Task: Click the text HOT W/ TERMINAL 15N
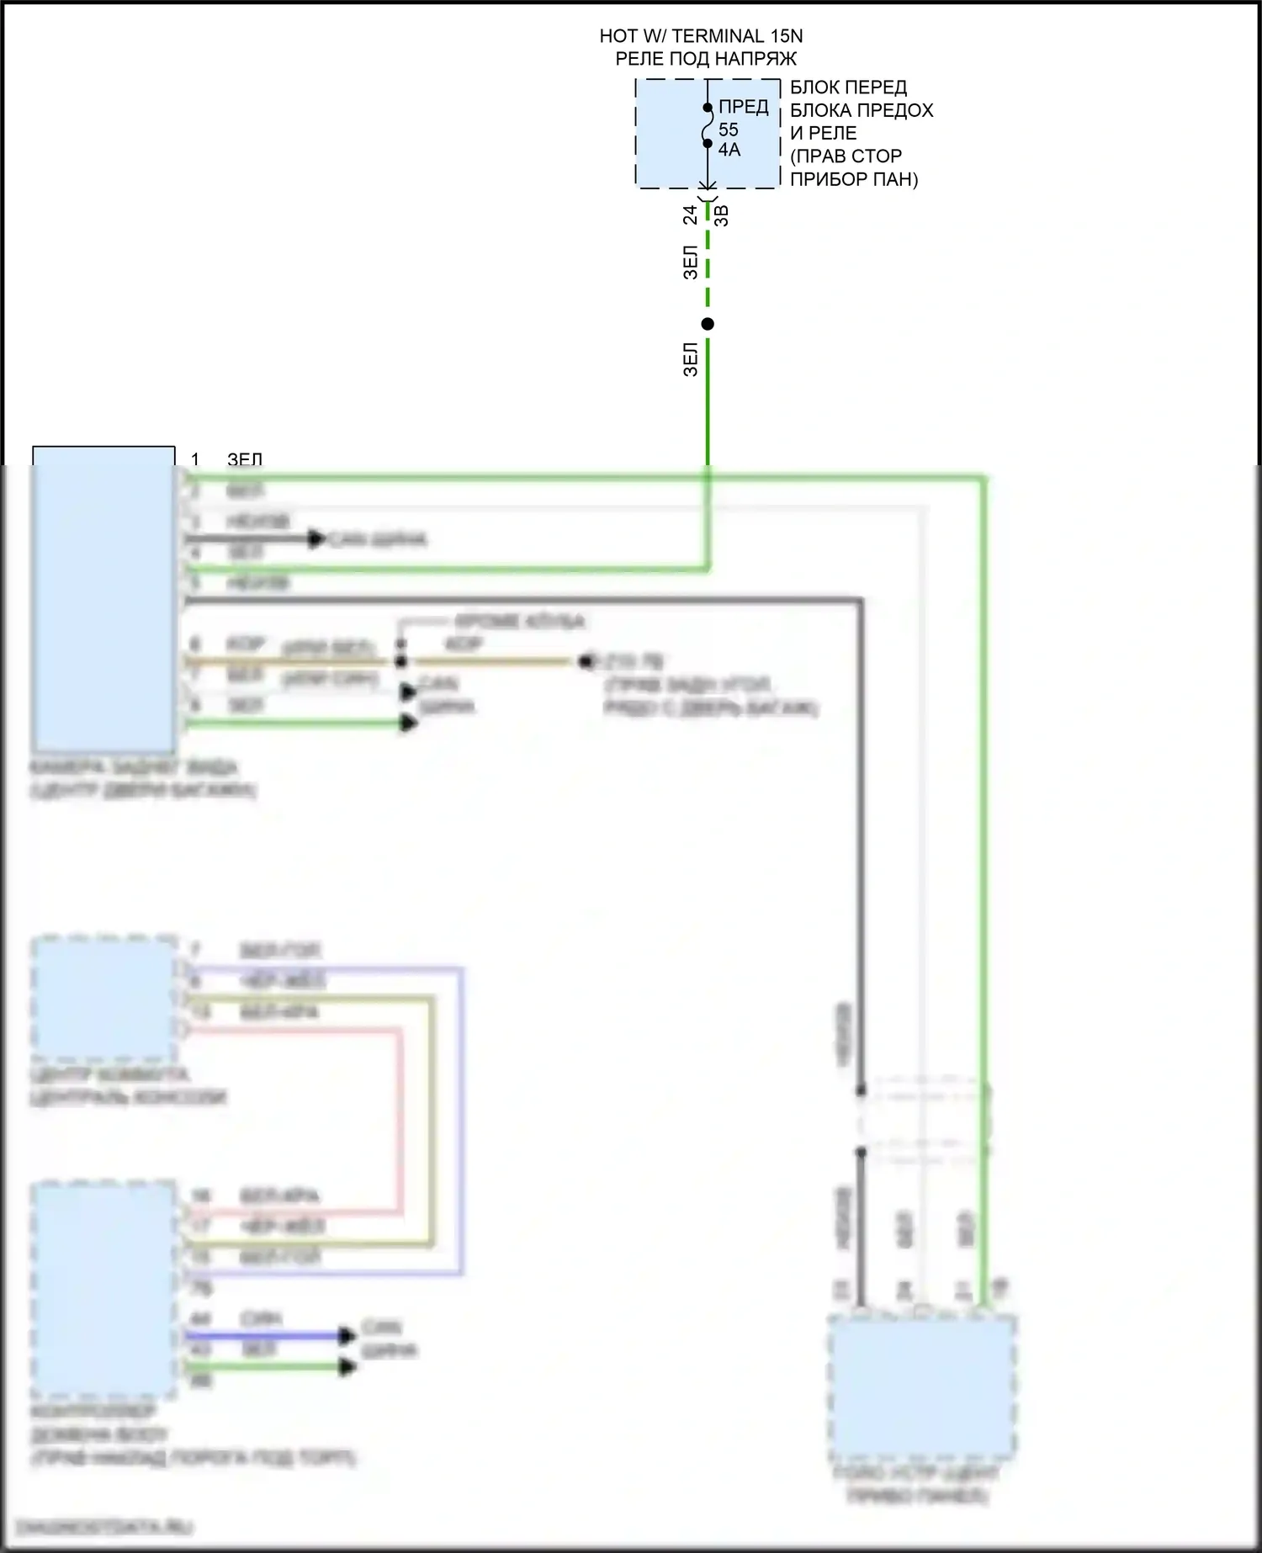tap(701, 36)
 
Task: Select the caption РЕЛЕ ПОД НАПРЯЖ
tap(706, 59)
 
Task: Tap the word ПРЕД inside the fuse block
tap(743, 107)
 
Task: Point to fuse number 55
tap(728, 130)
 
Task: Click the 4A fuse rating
tap(729, 150)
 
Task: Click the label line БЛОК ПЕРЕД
tap(848, 87)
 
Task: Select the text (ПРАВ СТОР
tap(846, 156)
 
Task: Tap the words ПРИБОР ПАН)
tap(854, 179)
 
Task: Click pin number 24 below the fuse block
tap(691, 215)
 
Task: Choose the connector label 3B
tap(722, 215)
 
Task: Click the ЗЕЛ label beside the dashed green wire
tap(691, 262)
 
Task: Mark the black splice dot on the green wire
tap(708, 324)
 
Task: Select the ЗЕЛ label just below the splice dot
tap(691, 359)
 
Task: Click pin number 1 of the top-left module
tap(195, 459)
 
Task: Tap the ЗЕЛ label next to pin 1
tap(245, 459)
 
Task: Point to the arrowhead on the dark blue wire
tap(347, 1335)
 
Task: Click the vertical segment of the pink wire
tap(400, 1119)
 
